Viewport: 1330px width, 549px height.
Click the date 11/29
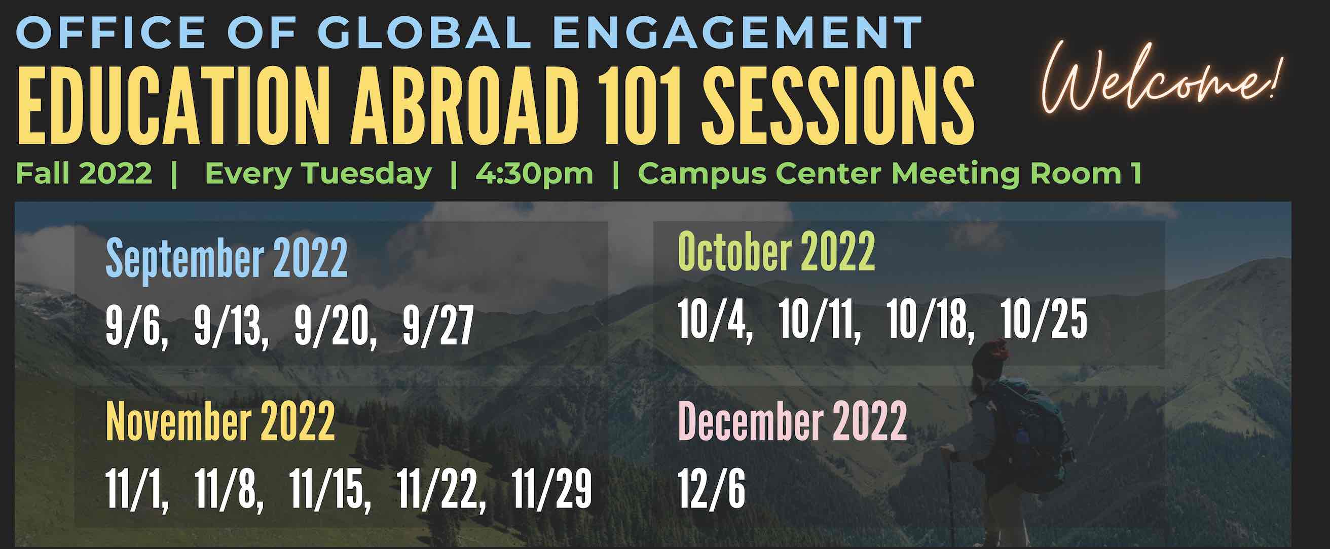pos(551,489)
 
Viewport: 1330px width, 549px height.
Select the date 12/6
pos(712,489)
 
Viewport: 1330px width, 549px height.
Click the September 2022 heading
pos(226,258)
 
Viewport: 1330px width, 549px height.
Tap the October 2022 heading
pos(776,251)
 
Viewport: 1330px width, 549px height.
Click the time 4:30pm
pos(534,174)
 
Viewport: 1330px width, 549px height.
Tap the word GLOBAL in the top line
pos(424,32)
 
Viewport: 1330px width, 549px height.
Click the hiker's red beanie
pos(990,355)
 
